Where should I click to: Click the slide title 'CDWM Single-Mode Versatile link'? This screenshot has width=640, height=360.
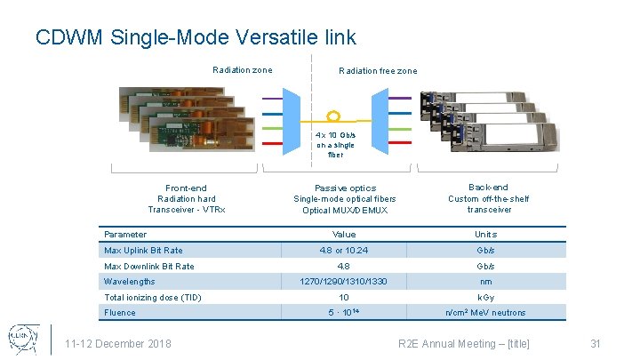(196, 37)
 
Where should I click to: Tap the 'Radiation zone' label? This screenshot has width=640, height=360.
(243, 70)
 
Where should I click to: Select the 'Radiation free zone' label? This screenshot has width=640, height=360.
(378, 71)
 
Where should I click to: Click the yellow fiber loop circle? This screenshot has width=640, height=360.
(334, 116)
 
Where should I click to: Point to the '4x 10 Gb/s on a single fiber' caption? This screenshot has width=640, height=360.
(334, 144)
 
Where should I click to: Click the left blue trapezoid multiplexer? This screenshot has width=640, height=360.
(294, 118)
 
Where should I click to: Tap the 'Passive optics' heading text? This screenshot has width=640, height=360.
(345, 188)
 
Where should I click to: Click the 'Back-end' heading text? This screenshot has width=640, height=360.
(488, 188)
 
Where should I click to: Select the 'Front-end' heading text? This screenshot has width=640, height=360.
(186, 188)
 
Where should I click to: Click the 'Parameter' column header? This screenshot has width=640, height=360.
(125, 235)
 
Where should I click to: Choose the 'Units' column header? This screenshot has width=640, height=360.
(485, 235)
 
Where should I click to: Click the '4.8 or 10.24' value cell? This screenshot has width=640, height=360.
(343, 251)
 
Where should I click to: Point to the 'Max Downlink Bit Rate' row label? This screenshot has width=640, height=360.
(148, 266)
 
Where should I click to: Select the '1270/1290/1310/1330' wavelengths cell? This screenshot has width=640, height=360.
(343, 282)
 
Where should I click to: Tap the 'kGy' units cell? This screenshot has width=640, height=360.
(485, 297)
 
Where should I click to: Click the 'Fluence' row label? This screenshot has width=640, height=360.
(120, 312)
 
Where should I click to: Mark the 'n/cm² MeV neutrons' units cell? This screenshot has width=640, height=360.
(485, 312)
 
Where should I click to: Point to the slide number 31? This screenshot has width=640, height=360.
(596, 344)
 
